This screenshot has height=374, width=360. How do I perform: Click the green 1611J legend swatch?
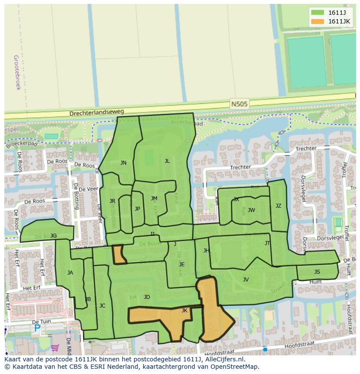click(x=317, y=13)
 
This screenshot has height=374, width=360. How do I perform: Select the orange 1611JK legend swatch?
click(x=317, y=21)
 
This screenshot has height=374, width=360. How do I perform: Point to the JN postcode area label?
click(x=123, y=163)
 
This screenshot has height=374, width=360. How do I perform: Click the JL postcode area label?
click(x=167, y=161)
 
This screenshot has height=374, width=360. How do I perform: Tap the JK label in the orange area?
click(x=184, y=311)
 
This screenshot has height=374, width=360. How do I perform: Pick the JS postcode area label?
click(x=317, y=272)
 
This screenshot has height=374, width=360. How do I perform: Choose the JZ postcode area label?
click(x=278, y=206)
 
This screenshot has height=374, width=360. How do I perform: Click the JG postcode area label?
click(x=53, y=236)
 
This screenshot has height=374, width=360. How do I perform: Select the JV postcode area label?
click(x=246, y=280)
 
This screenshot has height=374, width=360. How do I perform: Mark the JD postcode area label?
click(x=147, y=297)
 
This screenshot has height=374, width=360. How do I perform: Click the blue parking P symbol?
click(x=37, y=329)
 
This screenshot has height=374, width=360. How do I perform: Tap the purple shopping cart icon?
click(x=55, y=348)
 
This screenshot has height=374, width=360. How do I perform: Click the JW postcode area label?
click(x=251, y=210)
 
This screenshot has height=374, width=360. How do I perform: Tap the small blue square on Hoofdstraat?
click(x=265, y=349)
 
